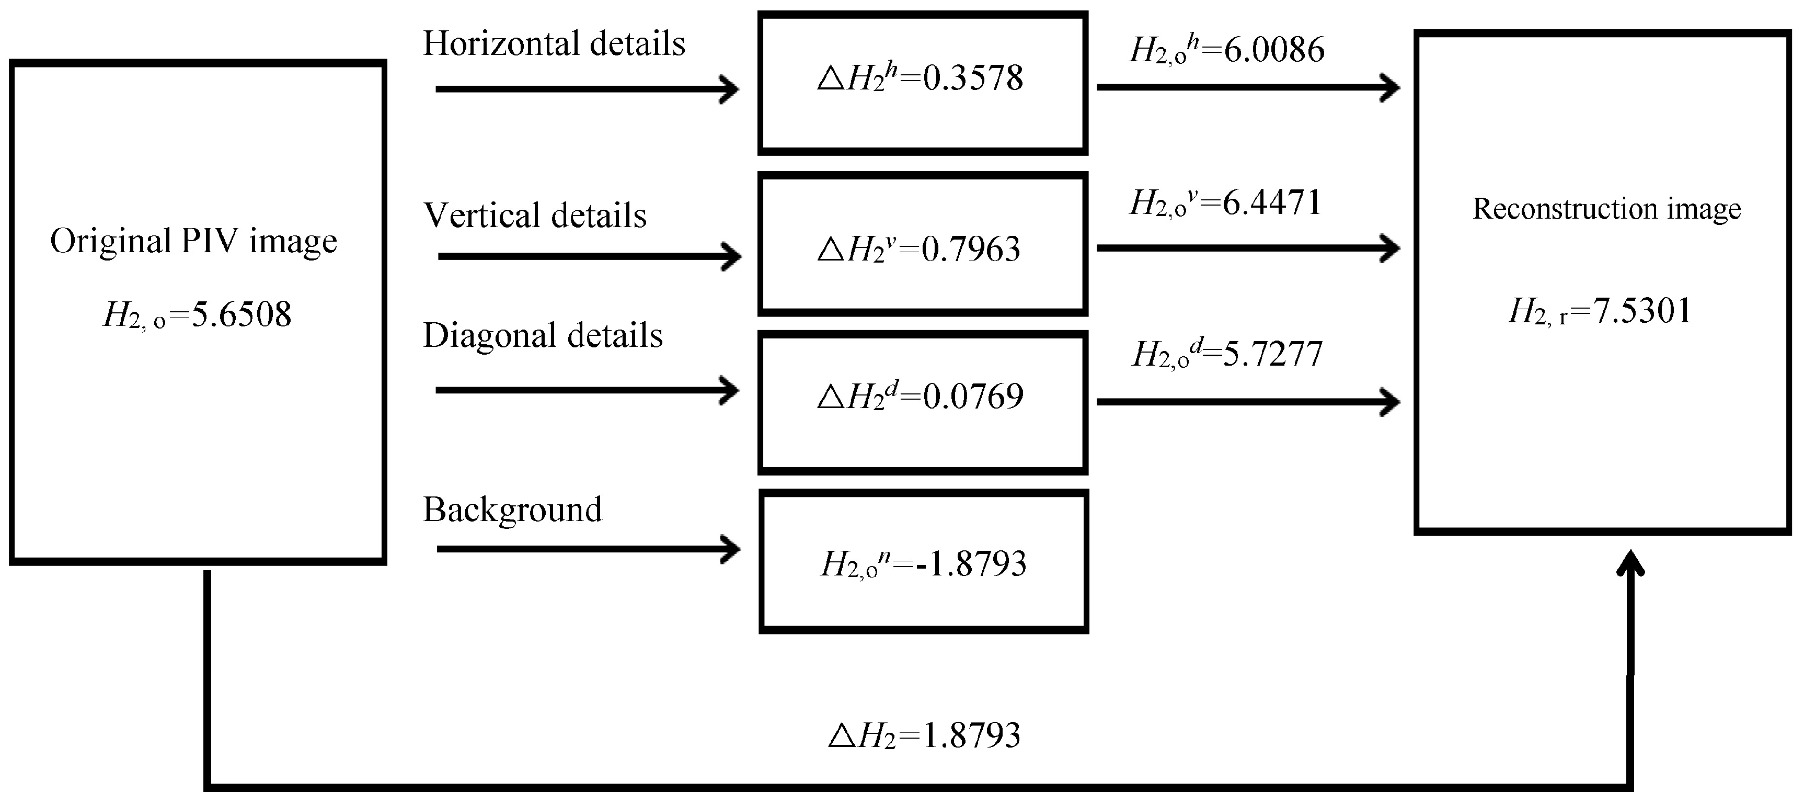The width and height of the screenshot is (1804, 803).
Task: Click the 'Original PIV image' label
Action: click(x=193, y=242)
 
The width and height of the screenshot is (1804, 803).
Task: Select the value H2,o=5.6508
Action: click(x=197, y=314)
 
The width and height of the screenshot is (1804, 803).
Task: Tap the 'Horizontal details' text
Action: click(x=554, y=44)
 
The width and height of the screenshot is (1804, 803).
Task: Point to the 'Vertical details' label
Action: click(x=535, y=216)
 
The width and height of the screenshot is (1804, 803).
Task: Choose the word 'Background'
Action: click(x=512, y=510)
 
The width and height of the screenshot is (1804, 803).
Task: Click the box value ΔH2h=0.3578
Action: click(x=920, y=78)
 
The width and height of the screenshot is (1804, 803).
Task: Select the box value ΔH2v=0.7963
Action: click(x=919, y=250)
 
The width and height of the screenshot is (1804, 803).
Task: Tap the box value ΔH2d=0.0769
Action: click(x=920, y=397)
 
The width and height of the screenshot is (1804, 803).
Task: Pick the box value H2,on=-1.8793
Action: click(x=923, y=564)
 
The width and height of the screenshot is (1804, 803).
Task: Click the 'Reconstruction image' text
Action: click(x=1606, y=209)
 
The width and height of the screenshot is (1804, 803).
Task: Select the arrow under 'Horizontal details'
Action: click(x=587, y=89)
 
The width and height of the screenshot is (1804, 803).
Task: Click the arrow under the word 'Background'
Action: click(x=588, y=549)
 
